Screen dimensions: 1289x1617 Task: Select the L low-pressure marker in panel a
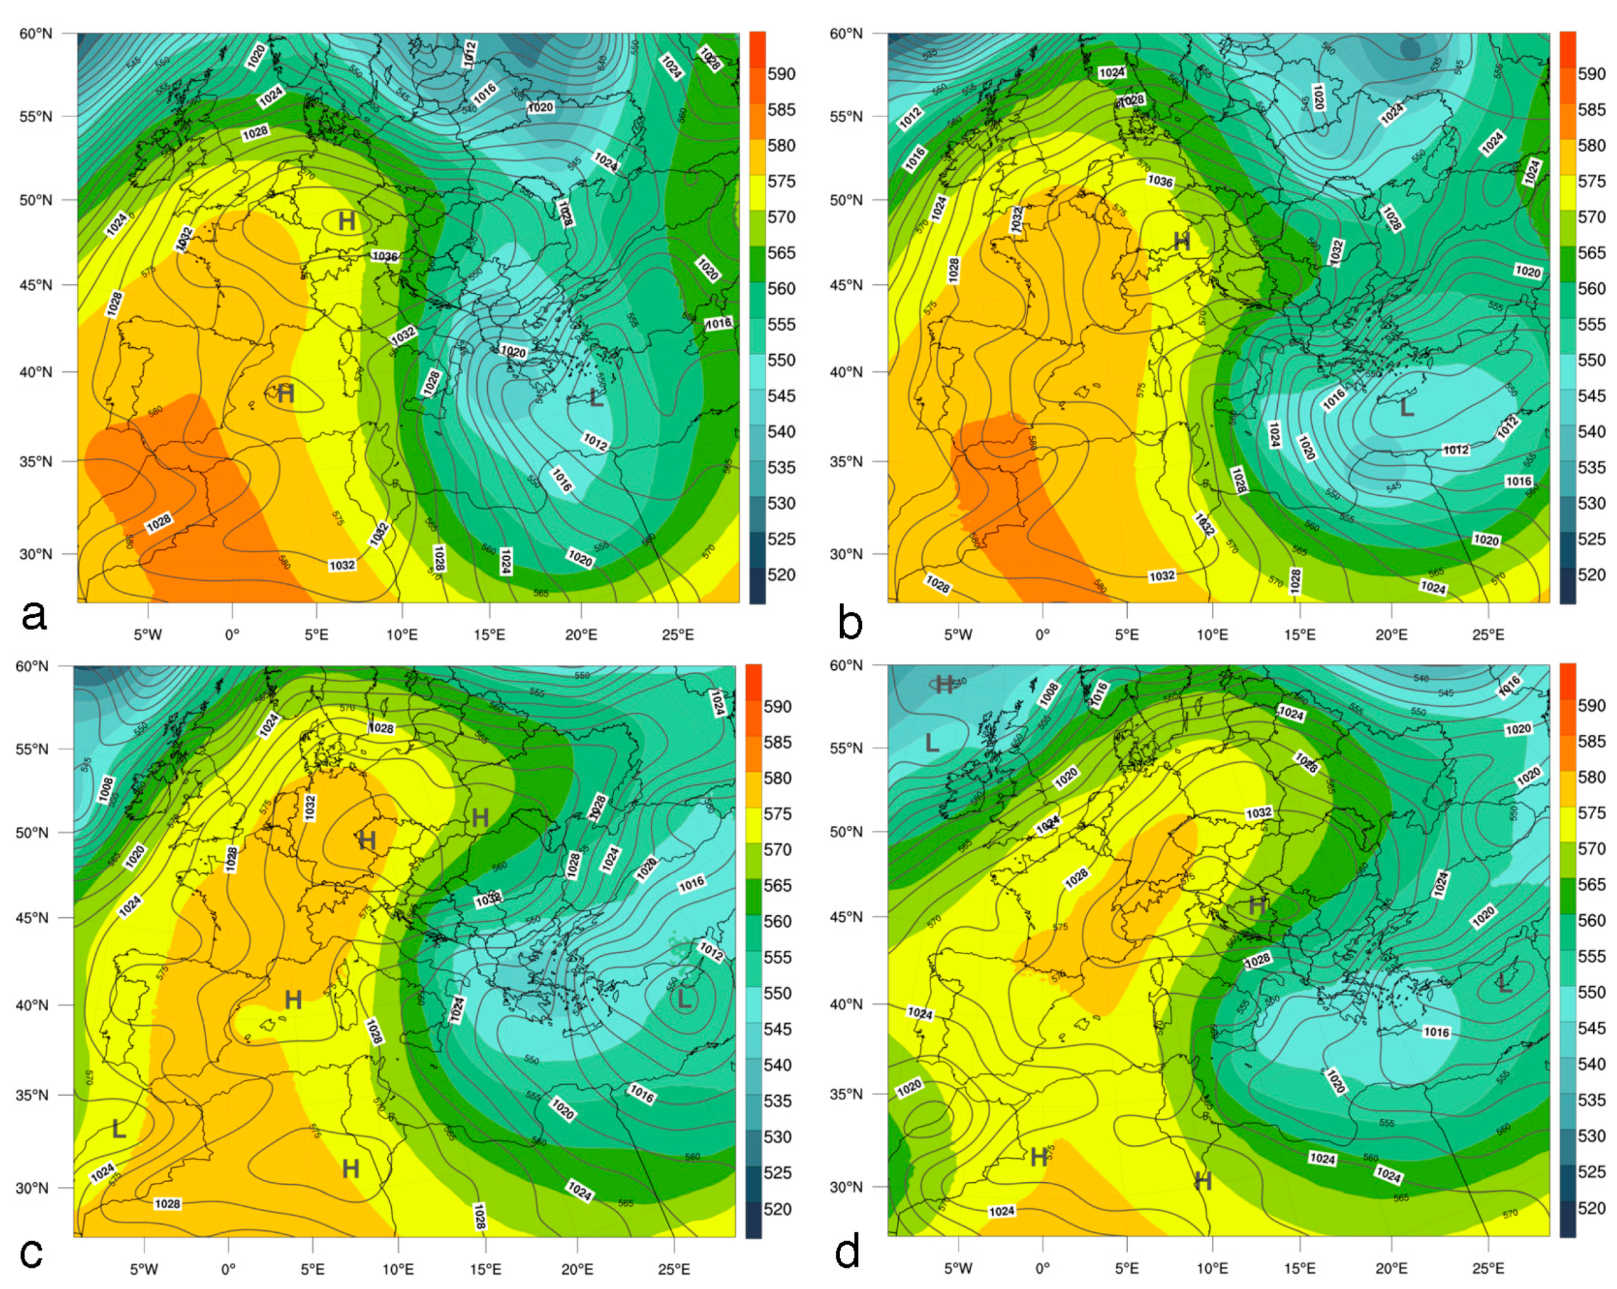click(596, 398)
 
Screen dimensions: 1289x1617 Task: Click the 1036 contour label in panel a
click(385, 256)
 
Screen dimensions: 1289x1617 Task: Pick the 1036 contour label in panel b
click(1159, 181)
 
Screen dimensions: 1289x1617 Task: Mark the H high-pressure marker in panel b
click(1181, 242)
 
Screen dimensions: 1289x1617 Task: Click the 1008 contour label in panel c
click(106, 789)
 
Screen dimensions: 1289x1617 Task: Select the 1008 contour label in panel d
click(1048, 694)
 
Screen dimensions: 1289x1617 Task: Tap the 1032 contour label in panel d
click(1259, 813)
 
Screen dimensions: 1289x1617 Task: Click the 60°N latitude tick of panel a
click(36, 34)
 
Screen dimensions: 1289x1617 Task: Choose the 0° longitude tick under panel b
click(1043, 635)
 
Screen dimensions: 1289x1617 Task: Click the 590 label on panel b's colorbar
click(1592, 73)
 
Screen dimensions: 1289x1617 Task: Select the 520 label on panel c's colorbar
click(778, 1209)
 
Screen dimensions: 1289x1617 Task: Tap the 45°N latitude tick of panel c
click(33, 918)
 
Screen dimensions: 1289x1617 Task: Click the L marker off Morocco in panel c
click(119, 1129)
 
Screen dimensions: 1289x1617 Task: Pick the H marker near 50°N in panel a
click(347, 221)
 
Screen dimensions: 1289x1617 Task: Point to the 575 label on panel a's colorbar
click(780, 182)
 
